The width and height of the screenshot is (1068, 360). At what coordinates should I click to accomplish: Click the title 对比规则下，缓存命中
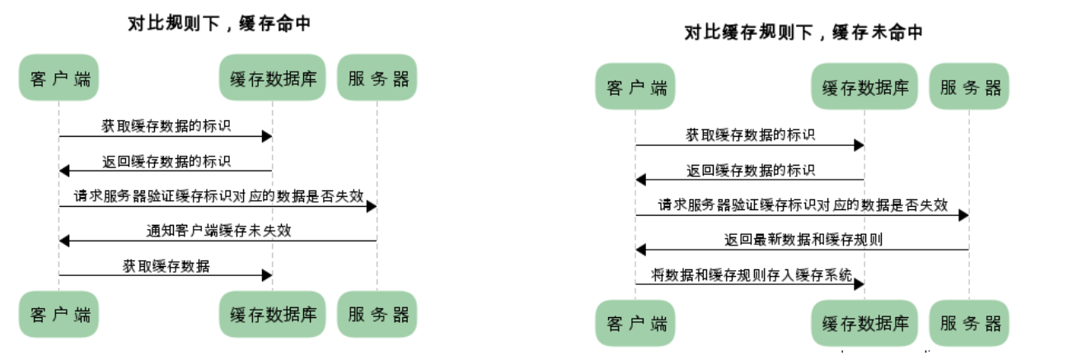click(219, 23)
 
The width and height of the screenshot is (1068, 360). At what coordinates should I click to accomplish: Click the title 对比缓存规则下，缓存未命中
click(803, 32)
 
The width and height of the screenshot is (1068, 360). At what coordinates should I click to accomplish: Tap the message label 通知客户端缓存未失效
click(218, 231)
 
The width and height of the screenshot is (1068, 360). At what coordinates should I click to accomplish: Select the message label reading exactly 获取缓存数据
click(166, 266)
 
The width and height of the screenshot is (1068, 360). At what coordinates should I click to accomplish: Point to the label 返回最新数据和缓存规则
click(803, 240)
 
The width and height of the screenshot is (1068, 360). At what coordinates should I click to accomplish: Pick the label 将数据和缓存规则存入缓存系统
click(752, 275)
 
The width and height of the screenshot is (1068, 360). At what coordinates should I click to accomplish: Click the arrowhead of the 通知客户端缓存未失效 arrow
click(64, 241)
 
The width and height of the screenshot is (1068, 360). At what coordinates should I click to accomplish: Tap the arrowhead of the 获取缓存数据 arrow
click(267, 275)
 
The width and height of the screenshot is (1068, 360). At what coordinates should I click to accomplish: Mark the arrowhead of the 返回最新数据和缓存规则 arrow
click(641, 250)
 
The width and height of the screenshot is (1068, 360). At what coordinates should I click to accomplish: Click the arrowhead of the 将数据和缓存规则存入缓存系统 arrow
click(860, 284)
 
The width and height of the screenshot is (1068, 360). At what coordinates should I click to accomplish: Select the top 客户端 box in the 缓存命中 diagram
click(59, 77)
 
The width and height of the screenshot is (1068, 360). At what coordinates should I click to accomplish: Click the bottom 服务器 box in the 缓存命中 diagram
click(377, 314)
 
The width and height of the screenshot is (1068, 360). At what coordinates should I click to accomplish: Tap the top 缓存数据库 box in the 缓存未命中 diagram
click(864, 86)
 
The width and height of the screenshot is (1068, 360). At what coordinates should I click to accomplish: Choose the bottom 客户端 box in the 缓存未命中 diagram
click(635, 323)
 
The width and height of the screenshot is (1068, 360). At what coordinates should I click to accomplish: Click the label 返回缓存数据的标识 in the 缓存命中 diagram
click(166, 161)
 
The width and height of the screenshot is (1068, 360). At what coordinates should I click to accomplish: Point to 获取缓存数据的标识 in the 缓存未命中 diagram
click(751, 135)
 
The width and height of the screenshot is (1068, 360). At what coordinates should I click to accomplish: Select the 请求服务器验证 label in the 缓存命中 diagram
click(218, 196)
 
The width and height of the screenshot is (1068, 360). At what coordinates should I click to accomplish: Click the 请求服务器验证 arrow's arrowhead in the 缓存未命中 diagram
click(963, 216)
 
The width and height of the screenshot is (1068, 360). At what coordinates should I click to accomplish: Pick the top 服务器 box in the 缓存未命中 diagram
click(969, 86)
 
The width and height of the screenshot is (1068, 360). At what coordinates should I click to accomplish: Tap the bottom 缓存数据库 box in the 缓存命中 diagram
click(272, 314)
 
